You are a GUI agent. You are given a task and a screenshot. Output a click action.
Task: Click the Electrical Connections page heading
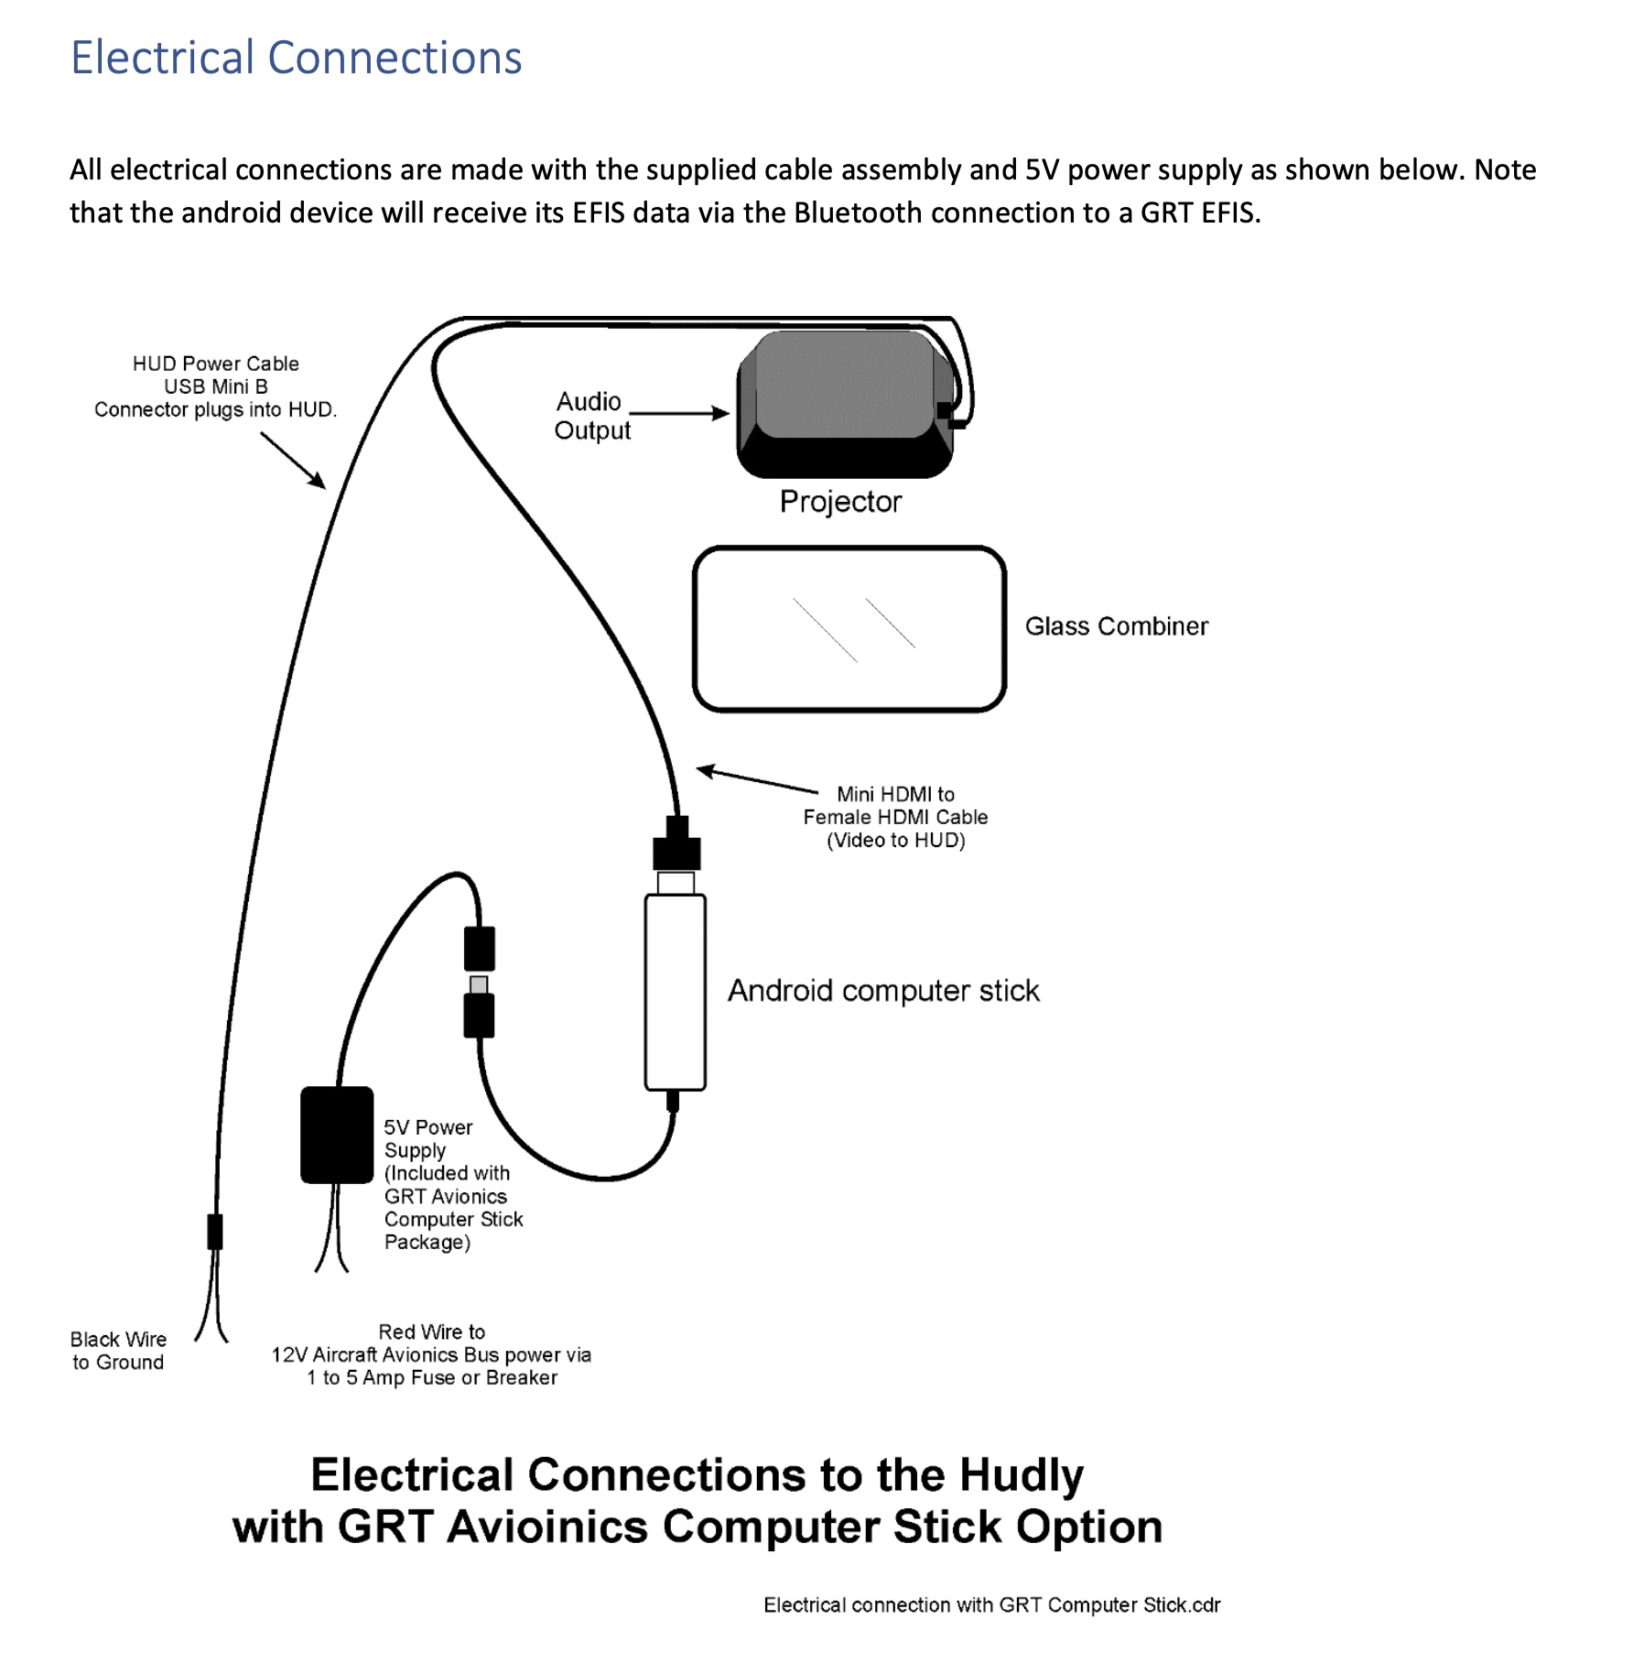[x=296, y=58]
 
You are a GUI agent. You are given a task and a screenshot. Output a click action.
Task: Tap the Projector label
[x=840, y=502]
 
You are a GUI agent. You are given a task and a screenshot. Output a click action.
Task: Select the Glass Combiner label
[x=1116, y=626]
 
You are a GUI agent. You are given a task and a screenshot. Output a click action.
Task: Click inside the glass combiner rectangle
[x=849, y=629]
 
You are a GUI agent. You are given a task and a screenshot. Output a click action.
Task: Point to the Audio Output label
[x=591, y=416]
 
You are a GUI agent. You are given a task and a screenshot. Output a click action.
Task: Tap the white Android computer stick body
[x=676, y=992]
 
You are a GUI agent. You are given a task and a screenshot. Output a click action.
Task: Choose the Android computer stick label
[x=883, y=991]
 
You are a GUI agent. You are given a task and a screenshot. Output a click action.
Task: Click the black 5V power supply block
[x=337, y=1135]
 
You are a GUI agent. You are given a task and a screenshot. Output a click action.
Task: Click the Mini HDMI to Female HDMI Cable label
[x=895, y=817]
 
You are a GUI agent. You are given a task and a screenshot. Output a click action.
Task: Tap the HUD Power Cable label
[x=216, y=386]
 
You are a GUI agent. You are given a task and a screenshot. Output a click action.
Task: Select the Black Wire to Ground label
[x=118, y=1351]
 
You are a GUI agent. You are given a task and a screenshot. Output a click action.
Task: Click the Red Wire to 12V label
[x=431, y=1354]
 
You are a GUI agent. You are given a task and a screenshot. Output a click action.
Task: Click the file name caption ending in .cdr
[x=991, y=1605]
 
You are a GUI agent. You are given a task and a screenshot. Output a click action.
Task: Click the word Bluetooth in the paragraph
[x=856, y=212]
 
